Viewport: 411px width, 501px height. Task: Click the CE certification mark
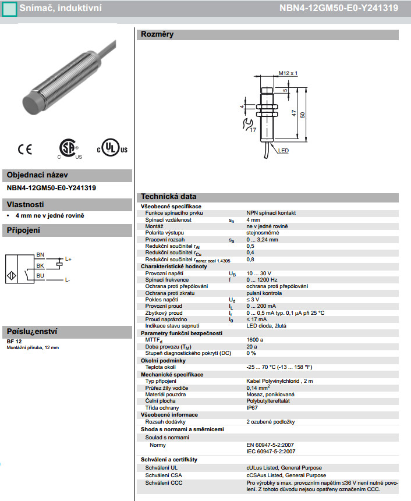click(25, 150)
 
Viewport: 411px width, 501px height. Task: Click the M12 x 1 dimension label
click(288, 73)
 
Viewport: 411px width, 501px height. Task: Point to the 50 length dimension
click(302, 115)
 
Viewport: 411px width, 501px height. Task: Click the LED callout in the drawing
click(284, 150)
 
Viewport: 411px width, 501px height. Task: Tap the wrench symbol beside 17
click(246, 123)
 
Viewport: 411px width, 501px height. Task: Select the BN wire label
click(40, 255)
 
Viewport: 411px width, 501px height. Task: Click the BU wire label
click(40, 275)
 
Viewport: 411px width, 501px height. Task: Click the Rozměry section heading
click(157, 34)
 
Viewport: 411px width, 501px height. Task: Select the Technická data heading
click(169, 197)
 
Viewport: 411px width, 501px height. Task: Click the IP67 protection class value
click(253, 408)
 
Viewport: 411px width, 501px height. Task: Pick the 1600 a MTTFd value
click(254, 339)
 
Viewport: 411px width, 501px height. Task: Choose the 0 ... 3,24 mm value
click(263, 239)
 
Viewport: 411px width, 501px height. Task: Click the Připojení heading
click(23, 230)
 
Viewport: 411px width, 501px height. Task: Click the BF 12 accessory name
click(15, 341)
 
